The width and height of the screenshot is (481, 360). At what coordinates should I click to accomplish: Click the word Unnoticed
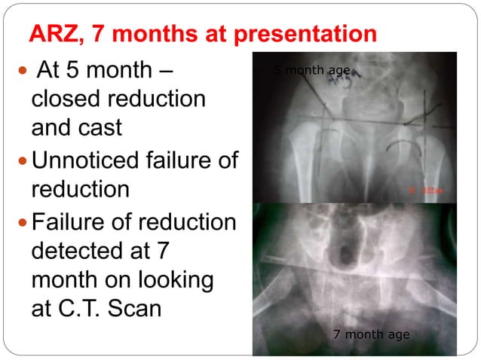coord(90,160)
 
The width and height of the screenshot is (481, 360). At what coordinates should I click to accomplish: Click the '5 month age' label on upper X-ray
coord(311,70)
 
